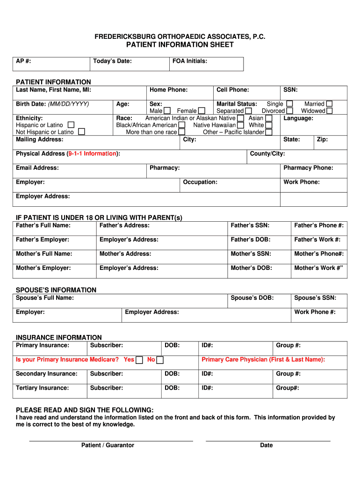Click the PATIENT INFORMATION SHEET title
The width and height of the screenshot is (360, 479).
[x=180, y=45]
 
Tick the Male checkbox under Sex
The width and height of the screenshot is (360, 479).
[x=167, y=111]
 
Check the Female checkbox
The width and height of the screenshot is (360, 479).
[x=202, y=111]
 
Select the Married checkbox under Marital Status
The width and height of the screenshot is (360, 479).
[x=330, y=104]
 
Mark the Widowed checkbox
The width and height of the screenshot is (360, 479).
[x=330, y=111]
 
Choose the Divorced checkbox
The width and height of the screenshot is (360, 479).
[x=290, y=111]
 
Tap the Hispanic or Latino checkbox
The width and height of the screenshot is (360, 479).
[x=71, y=125]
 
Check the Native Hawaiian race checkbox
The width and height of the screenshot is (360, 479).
[x=240, y=125]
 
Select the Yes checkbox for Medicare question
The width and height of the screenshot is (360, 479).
[x=139, y=360]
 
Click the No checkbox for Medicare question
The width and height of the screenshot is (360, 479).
[x=160, y=360]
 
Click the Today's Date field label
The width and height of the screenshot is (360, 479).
[x=112, y=61]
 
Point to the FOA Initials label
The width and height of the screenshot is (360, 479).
[x=190, y=61]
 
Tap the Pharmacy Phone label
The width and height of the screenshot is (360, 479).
[x=308, y=168]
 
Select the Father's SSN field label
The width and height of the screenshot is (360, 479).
[x=250, y=225]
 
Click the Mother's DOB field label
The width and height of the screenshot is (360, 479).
[x=251, y=268]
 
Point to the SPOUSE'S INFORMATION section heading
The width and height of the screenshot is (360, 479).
[x=56, y=290]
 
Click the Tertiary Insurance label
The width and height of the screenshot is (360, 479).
[x=42, y=388]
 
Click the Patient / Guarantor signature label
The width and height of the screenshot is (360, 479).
[x=108, y=445]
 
